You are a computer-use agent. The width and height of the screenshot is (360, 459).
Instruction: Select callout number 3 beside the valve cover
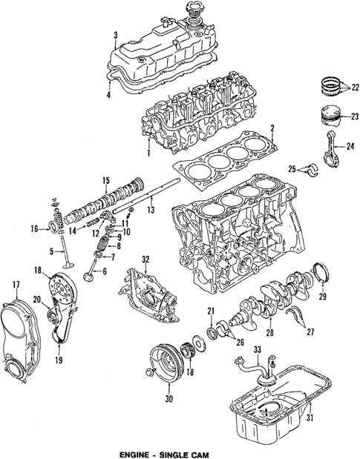(115, 35)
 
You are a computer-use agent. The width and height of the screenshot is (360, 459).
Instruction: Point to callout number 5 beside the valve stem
(51, 252)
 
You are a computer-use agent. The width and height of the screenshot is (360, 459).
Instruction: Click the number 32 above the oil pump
(145, 259)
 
